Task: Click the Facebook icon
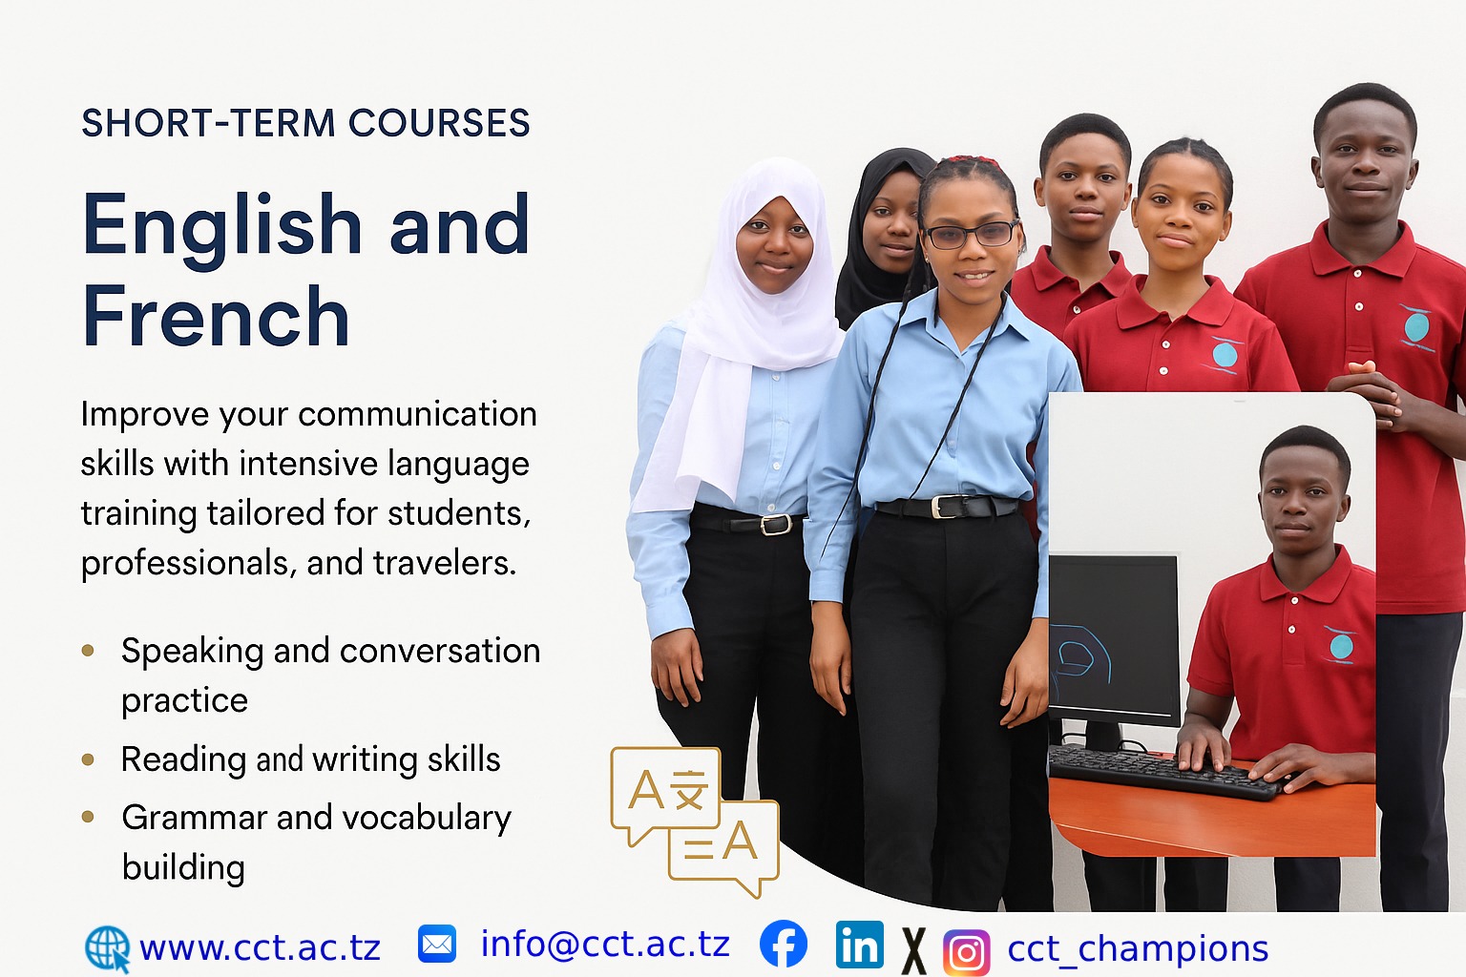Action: pyautogui.click(x=784, y=944)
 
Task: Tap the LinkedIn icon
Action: pyautogui.click(x=859, y=945)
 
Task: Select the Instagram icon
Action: pyautogui.click(x=966, y=952)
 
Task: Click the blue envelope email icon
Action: pyautogui.click(x=436, y=944)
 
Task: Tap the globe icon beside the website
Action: pyautogui.click(x=108, y=949)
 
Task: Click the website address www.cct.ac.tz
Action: pyautogui.click(x=260, y=947)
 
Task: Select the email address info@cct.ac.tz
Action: pyautogui.click(x=605, y=944)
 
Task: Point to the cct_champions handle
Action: pyautogui.click(x=1138, y=950)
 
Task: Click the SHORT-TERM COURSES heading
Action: pyautogui.click(x=305, y=123)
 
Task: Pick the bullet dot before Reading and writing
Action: pyautogui.click(x=88, y=759)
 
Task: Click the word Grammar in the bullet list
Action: pyautogui.click(x=195, y=818)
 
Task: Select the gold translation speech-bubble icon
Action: pyautogui.click(x=695, y=821)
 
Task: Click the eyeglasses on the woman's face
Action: pyautogui.click(x=971, y=235)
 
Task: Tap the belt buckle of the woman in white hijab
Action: pyautogui.click(x=776, y=524)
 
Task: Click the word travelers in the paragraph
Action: pyautogui.click(x=445, y=563)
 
